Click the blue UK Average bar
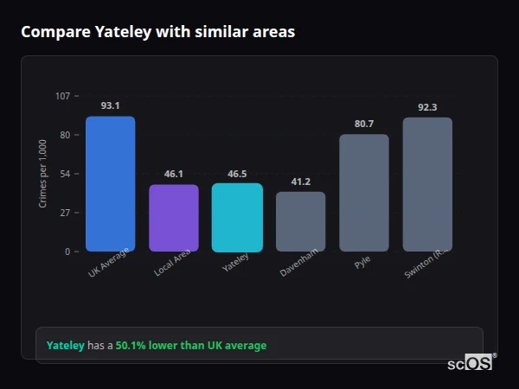[x=110, y=184]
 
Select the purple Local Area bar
[x=174, y=218]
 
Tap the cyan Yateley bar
[x=237, y=217]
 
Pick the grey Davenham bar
[x=300, y=221]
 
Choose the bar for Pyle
[x=364, y=193]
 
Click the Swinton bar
[x=427, y=184]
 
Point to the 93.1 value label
[x=110, y=105]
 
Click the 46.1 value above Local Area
[x=174, y=174]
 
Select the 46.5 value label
[x=237, y=174]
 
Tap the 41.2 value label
[x=300, y=182]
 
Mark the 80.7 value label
[x=364, y=124]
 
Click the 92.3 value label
[x=427, y=107]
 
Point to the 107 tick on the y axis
[x=63, y=96]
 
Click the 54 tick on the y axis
[x=65, y=174]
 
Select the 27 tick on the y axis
[x=65, y=213]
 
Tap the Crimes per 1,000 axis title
[x=42, y=174]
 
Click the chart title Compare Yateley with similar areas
[x=158, y=32]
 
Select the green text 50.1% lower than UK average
[x=191, y=346]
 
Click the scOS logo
[x=470, y=363]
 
